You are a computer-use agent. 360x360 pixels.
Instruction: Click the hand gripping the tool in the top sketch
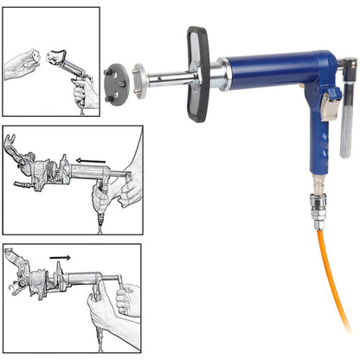pos(84,91)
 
